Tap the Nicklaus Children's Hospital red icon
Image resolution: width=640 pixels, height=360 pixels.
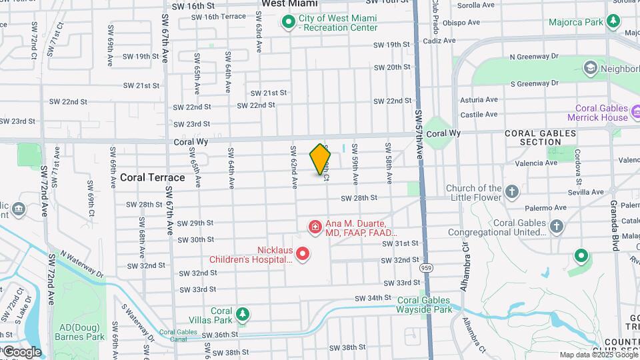[x=303, y=253]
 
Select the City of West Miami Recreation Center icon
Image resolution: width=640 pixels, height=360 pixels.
[x=288, y=23]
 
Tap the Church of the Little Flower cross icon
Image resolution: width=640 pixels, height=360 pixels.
[x=512, y=193]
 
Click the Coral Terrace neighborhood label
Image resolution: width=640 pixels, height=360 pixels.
[x=153, y=177]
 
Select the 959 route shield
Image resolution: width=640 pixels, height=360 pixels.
[x=425, y=267]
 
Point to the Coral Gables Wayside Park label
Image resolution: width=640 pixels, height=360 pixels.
[x=425, y=305]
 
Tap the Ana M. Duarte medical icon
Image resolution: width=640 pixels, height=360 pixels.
[x=314, y=228]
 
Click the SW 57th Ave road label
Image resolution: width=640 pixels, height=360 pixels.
[x=419, y=133]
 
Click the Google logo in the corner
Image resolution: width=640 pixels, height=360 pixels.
[x=22, y=351]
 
